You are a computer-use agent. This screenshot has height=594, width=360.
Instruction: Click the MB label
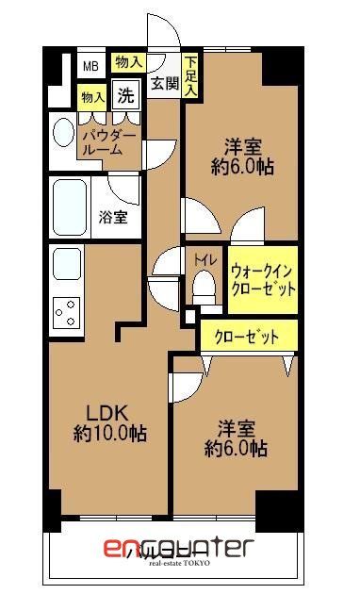(90, 65)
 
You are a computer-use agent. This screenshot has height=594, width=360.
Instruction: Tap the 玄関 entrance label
(165, 83)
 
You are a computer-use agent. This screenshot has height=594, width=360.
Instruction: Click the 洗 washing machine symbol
(125, 94)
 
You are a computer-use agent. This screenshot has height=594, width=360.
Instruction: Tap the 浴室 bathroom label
(114, 217)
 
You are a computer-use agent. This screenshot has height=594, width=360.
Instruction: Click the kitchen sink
(66, 263)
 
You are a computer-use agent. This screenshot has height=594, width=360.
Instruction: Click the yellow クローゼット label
(246, 336)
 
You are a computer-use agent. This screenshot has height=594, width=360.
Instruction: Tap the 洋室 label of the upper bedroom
(242, 148)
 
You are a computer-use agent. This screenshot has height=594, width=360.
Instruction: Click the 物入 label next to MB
(128, 62)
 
